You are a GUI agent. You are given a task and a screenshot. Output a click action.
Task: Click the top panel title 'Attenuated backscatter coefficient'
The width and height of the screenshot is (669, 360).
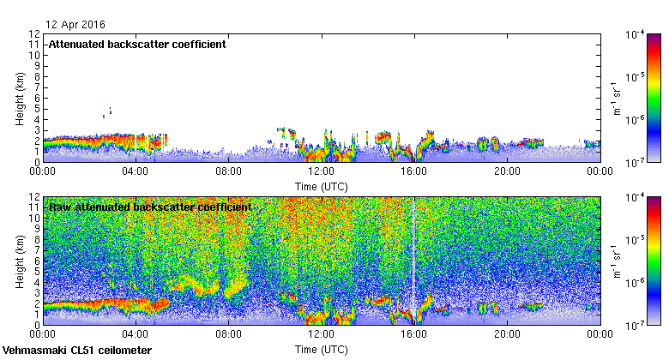pos(137,45)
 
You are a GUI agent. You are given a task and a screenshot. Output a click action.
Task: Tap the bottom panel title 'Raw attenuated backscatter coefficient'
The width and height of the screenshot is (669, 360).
pos(150,207)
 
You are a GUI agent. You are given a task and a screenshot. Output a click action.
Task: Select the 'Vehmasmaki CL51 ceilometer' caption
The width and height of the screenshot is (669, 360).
pos(77,351)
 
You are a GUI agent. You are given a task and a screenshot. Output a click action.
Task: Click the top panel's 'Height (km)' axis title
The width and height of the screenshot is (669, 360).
pos(19,98)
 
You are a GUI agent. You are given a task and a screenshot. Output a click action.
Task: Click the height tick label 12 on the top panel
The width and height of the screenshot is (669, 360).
pos(33,34)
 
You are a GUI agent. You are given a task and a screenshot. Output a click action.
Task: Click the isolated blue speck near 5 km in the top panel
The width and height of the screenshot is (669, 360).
pos(110,110)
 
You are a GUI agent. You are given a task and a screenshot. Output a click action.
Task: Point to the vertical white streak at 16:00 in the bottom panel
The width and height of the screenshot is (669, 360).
pos(414,257)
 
